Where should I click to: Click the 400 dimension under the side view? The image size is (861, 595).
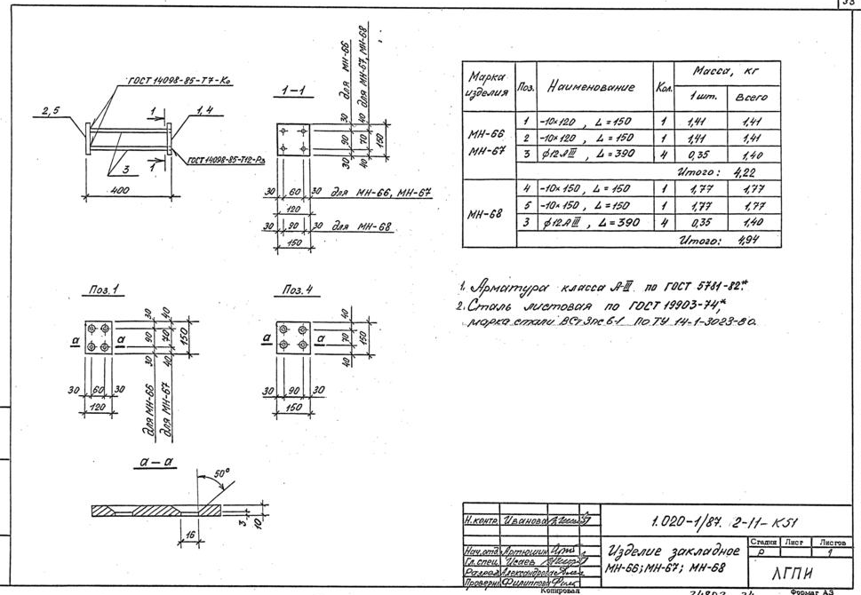click(x=122, y=190)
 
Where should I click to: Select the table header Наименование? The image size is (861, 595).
click(x=590, y=86)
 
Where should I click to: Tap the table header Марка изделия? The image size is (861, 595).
click(x=488, y=85)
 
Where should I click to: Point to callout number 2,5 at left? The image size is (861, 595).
click(x=50, y=110)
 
